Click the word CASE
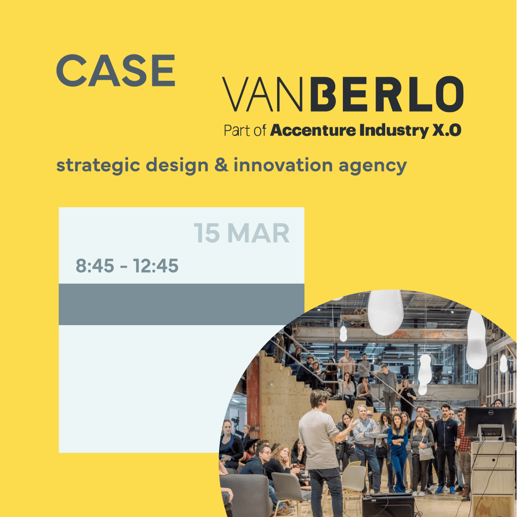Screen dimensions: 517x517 click(x=116, y=71)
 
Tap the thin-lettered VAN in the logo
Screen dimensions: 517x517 click(x=262, y=94)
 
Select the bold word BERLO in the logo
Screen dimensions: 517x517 click(x=387, y=94)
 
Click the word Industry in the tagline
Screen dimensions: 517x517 click(x=394, y=131)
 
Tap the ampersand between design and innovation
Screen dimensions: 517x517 click(x=221, y=165)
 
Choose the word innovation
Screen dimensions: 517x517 click(x=283, y=165)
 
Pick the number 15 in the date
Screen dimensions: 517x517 click(x=206, y=233)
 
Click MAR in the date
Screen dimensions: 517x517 click(x=258, y=233)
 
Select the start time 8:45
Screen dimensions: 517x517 click(x=95, y=266)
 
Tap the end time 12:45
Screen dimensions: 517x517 click(x=156, y=266)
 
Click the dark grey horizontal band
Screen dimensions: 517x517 click(x=181, y=304)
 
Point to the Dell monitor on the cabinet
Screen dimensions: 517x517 click(x=489, y=423)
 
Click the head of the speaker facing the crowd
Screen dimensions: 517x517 click(x=320, y=400)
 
